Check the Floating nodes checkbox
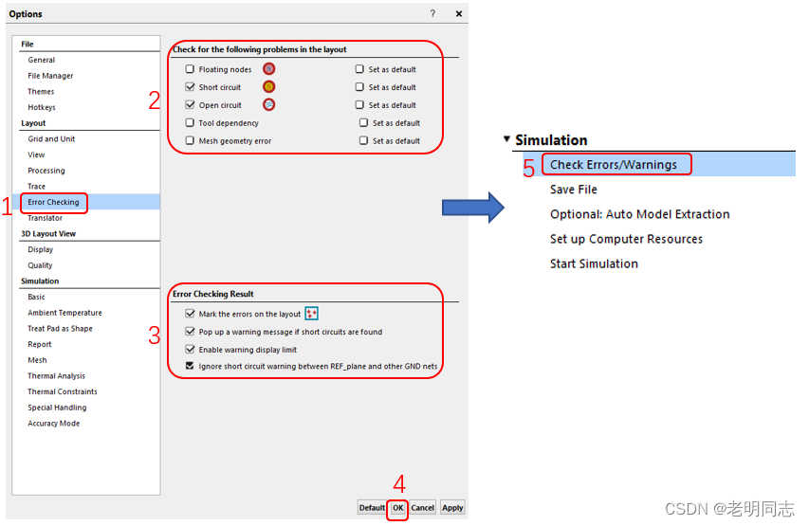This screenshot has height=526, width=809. pos(190,68)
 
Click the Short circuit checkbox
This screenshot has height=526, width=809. pos(190,86)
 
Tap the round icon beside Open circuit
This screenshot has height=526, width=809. pos(268,104)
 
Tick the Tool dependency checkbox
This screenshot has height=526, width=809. pos(190,122)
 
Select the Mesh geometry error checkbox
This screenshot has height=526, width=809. pos(190,140)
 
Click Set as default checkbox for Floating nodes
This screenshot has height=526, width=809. pos(359,68)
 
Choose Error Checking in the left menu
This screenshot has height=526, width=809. pos(54,202)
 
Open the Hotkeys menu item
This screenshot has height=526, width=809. pos(42,107)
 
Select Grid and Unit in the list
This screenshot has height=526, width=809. pos(51,138)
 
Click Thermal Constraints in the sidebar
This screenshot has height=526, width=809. pos(63,391)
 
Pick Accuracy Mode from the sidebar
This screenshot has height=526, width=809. pos(54,424)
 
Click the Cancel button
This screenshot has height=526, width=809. pos(423,507)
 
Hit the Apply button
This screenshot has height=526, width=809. pos(452,507)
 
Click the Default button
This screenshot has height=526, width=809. pos(372,507)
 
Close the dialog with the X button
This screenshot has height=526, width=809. pos(459,14)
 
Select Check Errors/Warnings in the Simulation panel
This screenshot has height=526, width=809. pos(614,165)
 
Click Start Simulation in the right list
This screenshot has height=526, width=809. pos(594,263)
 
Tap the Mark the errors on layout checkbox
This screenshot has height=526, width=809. pos(190,313)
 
